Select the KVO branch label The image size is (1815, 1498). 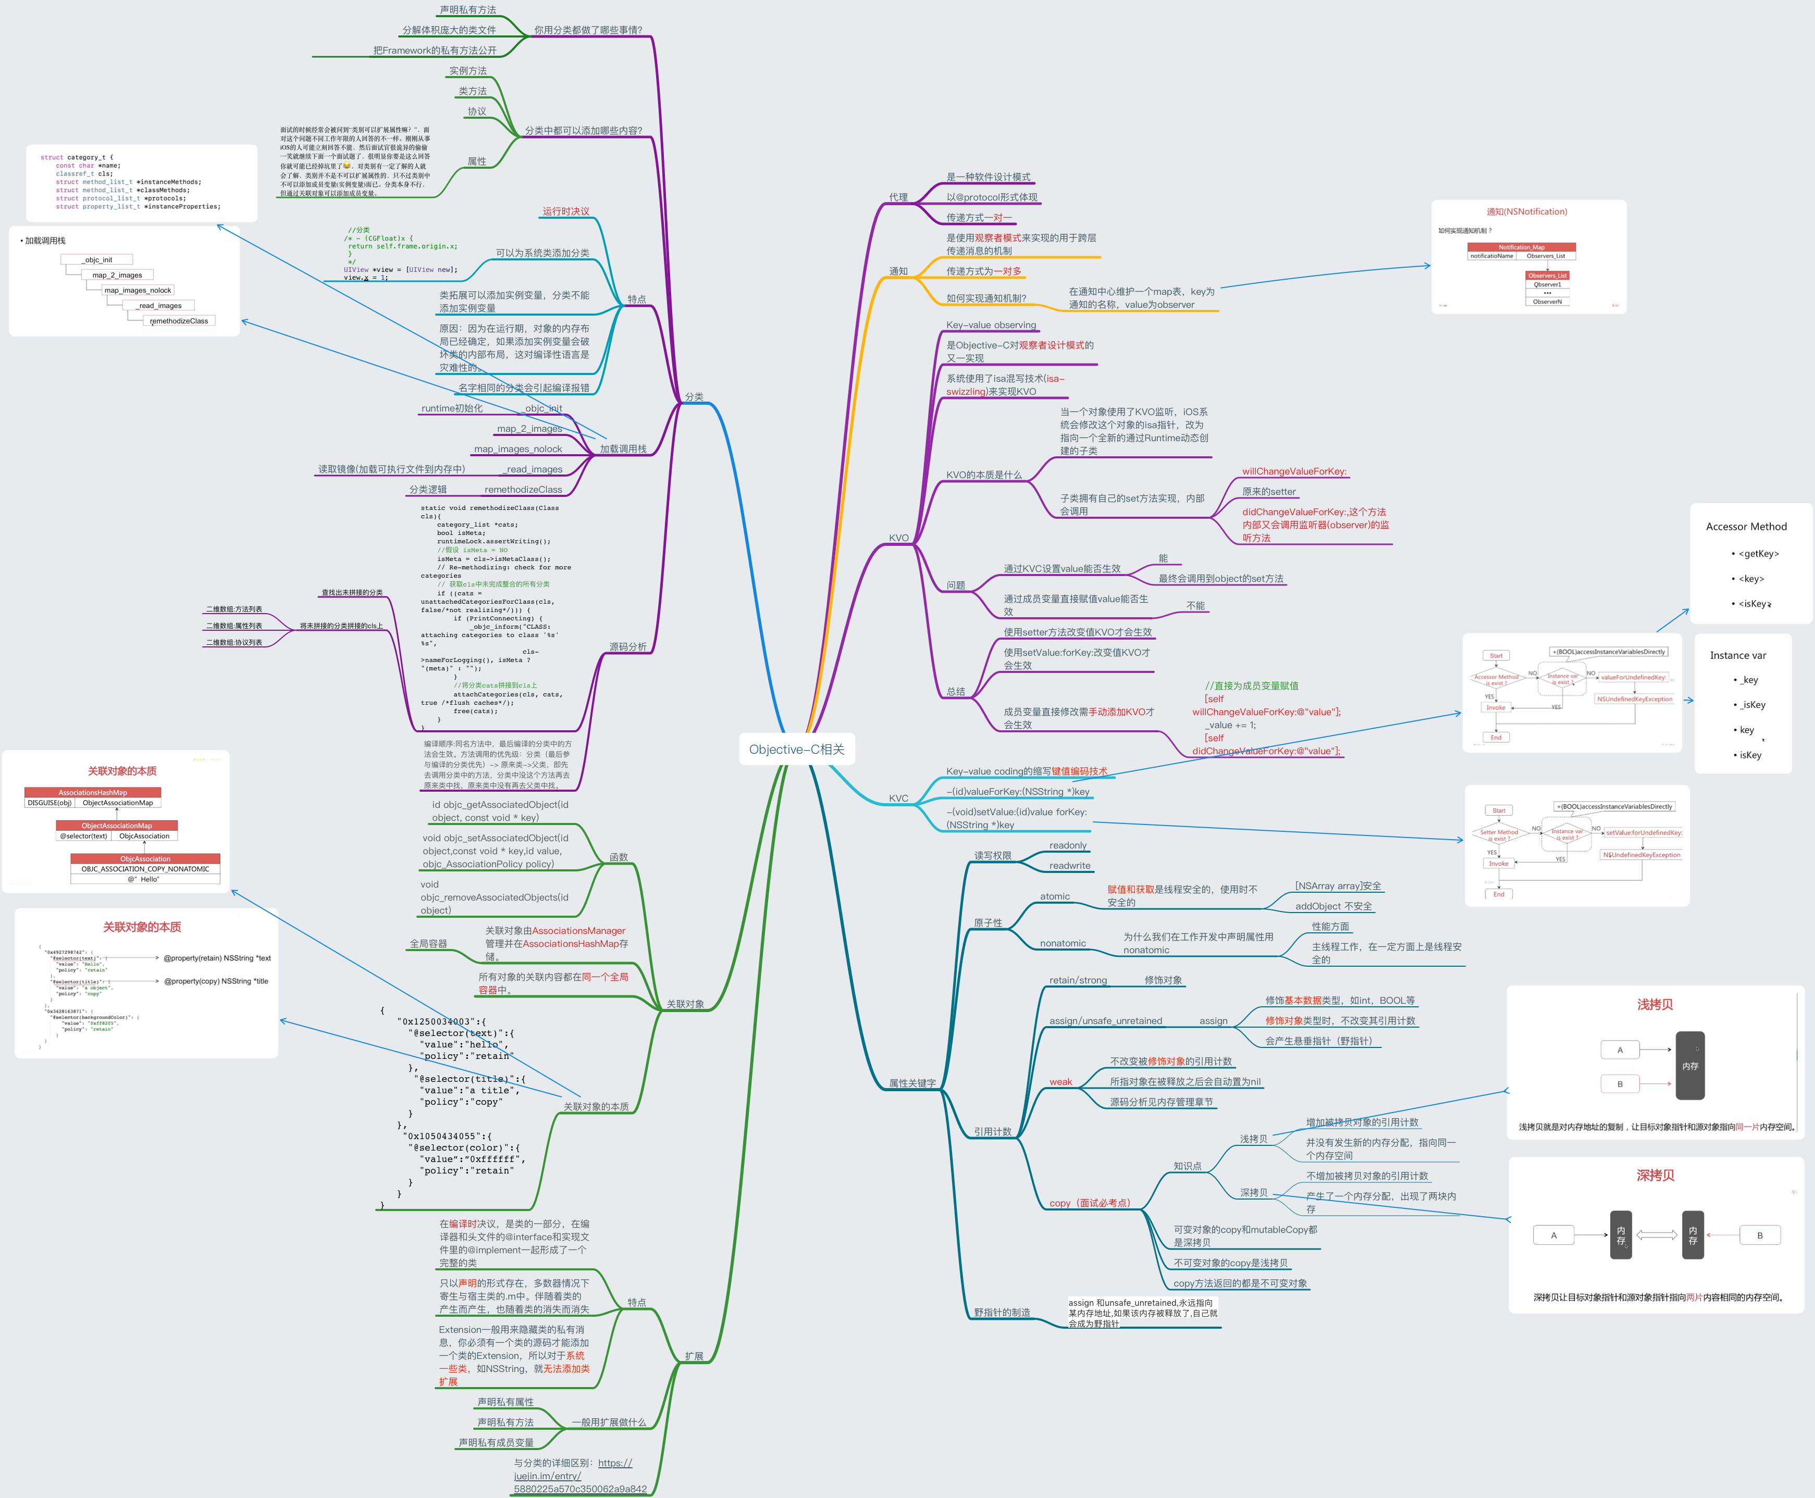tap(898, 538)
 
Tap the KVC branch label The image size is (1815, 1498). tap(898, 798)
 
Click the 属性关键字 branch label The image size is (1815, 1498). tap(912, 1083)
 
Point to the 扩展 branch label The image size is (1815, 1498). tap(694, 1356)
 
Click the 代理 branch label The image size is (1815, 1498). tap(898, 197)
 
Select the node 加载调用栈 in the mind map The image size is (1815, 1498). tap(623, 448)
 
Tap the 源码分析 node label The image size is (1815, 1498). tap(627, 646)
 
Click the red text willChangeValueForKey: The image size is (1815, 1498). tap(1294, 471)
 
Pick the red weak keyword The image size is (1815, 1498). tap(1060, 1081)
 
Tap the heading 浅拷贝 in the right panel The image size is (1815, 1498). tap(1655, 1004)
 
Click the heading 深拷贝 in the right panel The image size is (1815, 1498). tap(1655, 1175)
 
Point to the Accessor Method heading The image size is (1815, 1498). tap(1746, 527)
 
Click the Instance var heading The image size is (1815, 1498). tap(1737, 655)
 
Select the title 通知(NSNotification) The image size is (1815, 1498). tap(1526, 211)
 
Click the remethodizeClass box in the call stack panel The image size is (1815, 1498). tap(179, 321)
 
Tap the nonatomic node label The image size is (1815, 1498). tap(1063, 943)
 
